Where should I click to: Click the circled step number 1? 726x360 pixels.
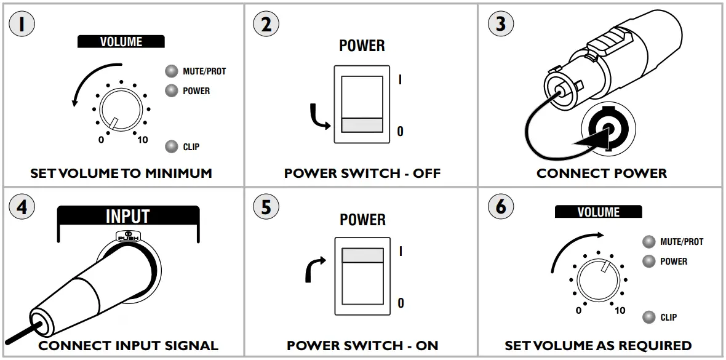pos(22,24)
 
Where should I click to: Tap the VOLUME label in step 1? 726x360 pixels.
pos(121,42)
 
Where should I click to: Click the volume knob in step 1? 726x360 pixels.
pos(120,110)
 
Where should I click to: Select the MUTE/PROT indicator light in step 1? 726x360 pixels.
pos(172,71)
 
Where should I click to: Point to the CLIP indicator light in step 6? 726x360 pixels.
pos(648,317)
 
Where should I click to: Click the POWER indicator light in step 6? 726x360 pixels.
pos(648,261)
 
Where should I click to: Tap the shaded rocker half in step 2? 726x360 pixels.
pos(362,126)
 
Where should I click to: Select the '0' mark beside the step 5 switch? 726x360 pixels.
pos(401,303)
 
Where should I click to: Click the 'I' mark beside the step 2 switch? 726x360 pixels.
pos(401,80)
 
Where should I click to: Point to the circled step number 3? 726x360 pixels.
pos(500,24)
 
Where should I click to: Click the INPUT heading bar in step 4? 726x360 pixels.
pos(128,216)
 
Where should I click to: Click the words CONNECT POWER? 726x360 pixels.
pos(601,174)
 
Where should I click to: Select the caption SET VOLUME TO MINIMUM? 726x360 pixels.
pos(121,174)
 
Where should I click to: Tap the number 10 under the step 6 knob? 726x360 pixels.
pos(620,310)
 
